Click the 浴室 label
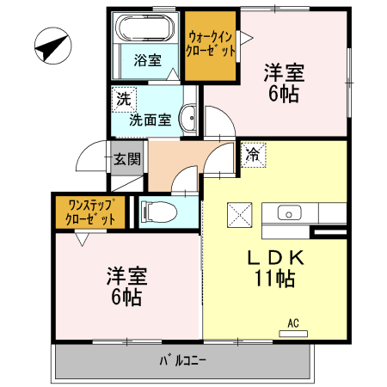[x=147, y=60]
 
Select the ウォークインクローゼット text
[x=211, y=43]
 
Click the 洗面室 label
[x=150, y=121]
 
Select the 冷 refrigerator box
[x=253, y=155]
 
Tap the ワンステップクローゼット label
[x=90, y=212]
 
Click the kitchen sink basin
[x=288, y=212]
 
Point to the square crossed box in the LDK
[x=239, y=213]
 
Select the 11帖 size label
[x=274, y=279]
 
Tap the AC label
[x=292, y=323]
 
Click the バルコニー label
[x=184, y=359]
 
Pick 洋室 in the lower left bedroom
[x=126, y=277]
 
